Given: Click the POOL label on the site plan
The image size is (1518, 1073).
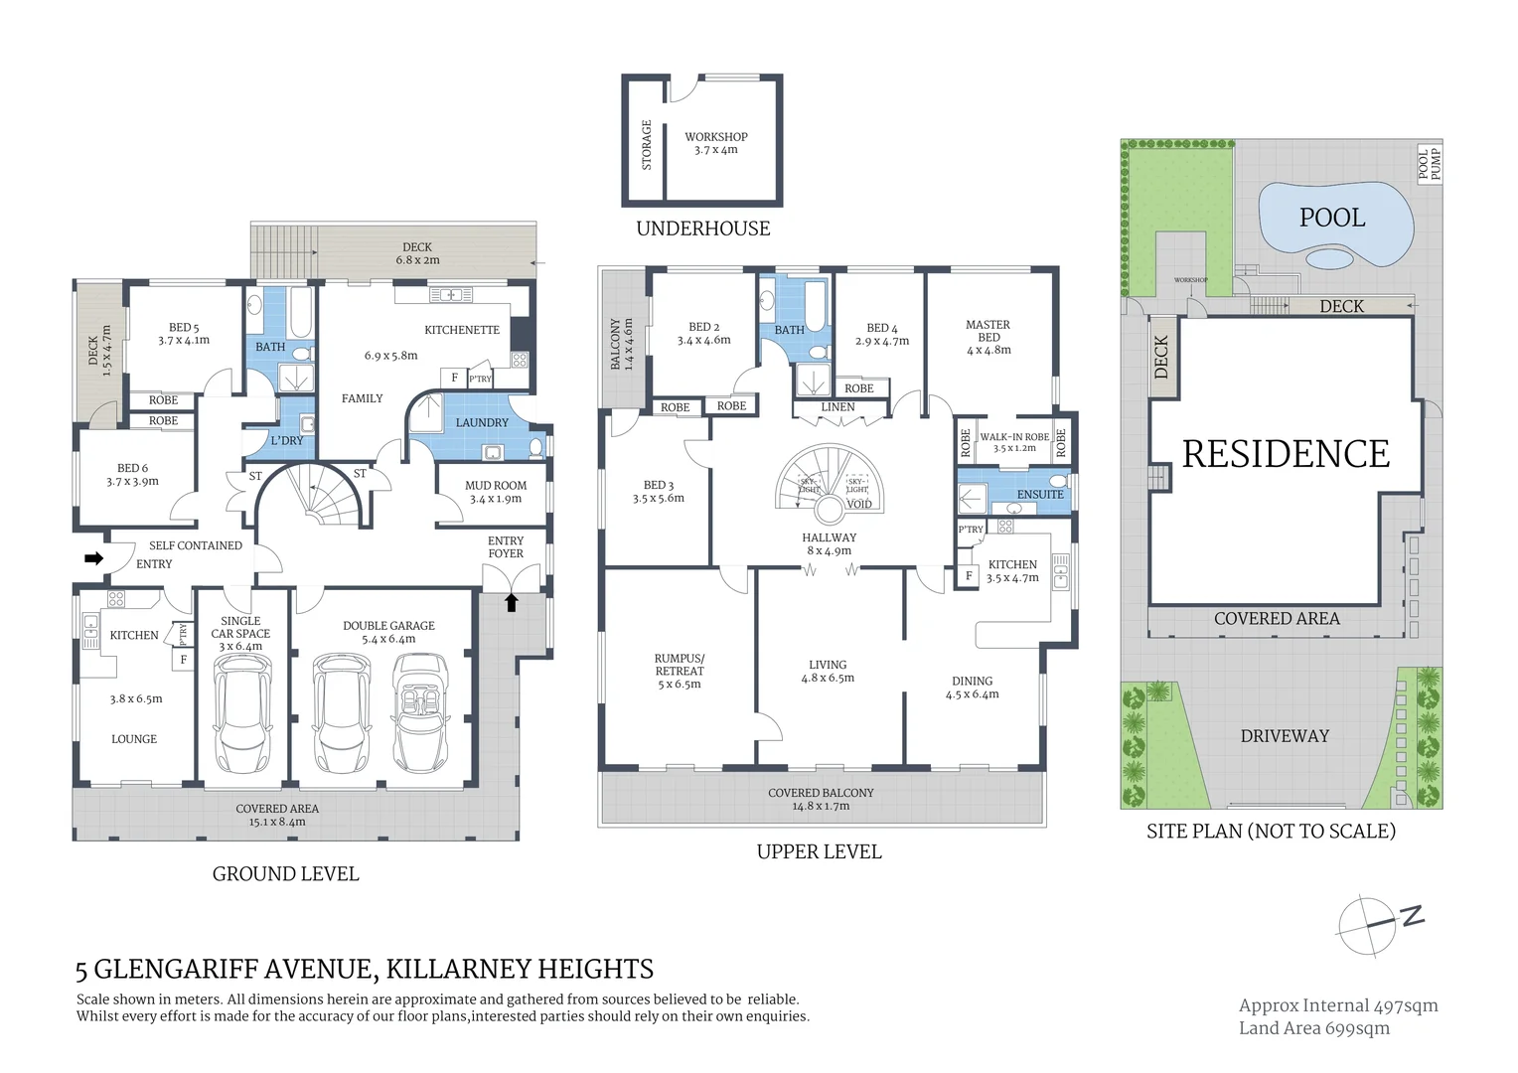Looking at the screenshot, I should (1331, 218).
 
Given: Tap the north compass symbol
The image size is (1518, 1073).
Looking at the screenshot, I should (1380, 924).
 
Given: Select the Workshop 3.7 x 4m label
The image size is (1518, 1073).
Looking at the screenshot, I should (715, 143).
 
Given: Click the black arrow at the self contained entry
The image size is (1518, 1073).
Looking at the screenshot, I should (93, 558).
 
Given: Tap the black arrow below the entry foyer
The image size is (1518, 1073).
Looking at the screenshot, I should (511, 602).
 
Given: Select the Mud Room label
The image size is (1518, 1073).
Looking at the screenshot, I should (496, 492).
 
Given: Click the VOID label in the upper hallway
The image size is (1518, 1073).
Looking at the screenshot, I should (858, 504).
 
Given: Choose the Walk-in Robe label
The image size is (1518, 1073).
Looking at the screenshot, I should (1013, 442).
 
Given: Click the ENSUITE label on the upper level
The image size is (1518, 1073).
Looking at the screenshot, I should (1039, 494).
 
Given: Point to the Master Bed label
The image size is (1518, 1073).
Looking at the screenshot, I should (987, 337).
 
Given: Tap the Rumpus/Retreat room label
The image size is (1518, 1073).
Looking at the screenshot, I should (679, 671).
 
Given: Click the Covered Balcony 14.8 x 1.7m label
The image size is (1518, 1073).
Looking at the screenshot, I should (821, 799).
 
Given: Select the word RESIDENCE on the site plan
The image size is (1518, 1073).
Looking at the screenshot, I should (1286, 454).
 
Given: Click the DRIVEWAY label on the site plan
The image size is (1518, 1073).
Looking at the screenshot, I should (1284, 736).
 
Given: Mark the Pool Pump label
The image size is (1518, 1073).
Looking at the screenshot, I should (1429, 164).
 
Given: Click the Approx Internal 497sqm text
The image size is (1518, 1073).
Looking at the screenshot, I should (1337, 1005).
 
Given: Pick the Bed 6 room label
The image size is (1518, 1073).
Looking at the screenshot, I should (132, 474).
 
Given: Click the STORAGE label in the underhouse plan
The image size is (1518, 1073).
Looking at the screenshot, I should (646, 145).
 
